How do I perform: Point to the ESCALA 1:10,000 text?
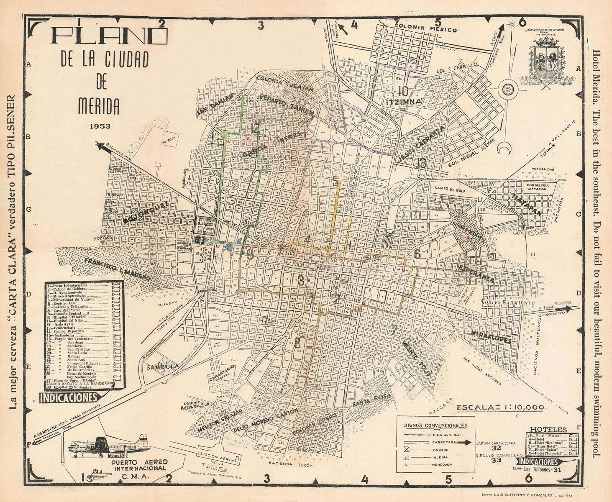click(x=500, y=407)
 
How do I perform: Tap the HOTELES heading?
click(x=548, y=430)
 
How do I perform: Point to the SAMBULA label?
click(x=162, y=366)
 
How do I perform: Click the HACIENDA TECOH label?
click(x=290, y=463)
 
